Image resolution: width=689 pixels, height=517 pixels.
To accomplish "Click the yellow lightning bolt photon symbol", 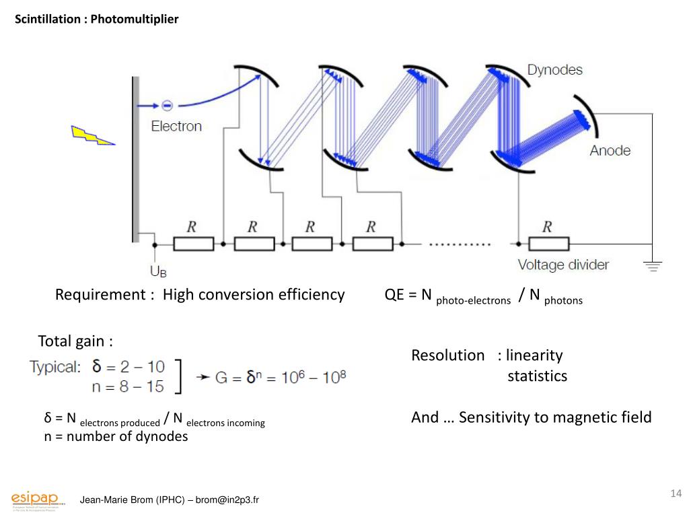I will pyautogui.click(x=93, y=135).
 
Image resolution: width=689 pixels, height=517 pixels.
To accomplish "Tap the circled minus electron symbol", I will pyautogui.click(x=168, y=105).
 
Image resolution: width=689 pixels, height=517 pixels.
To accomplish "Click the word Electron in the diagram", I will pyautogui.click(x=176, y=126).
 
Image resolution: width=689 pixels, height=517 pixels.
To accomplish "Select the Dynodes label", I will pyautogui.click(x=554, y=70).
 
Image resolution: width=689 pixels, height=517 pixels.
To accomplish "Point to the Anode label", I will pyautogui.click(x=610, y=150).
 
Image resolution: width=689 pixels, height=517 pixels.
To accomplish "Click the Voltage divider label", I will pyautogui.click(x=563, y=265).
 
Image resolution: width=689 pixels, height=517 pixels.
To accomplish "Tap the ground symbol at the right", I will pyautogui.click(x=652, y=266).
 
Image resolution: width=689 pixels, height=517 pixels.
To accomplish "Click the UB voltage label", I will pyautogui.click(x=158, y=271).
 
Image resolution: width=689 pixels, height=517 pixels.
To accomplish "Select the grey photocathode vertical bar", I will pyautogui.click(x=135, y=159).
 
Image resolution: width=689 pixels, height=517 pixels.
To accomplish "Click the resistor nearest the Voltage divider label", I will pyautogui.click(x=548, y=243).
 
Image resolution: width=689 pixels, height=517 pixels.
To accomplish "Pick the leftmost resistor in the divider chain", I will pyautogui.click(x=193, y=243).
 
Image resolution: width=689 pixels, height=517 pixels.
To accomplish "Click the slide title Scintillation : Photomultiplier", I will pyautogui.click(x=97, y=20).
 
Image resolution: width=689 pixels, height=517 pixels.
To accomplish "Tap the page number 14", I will pyautogui.click(x=676, y=493).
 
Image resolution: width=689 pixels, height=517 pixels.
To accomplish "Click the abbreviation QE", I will pyautogui.click(x=394, y=295).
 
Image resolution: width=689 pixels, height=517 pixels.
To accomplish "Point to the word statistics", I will pyautogui.click(x=537, y=376).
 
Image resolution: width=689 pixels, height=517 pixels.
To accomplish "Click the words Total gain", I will pyautogui.click(x=75, y=341).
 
